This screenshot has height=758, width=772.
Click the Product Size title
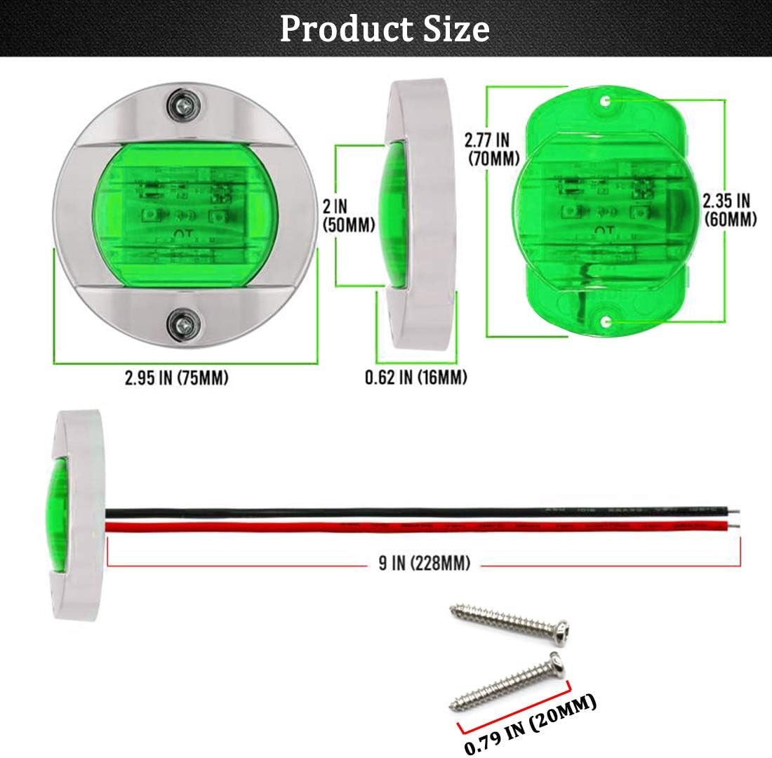click(385, 29)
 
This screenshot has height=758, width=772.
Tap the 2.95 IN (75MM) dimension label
click(177, 378)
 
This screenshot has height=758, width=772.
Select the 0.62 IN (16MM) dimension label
click(415, 378)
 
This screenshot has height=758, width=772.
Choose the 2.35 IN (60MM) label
click(730, 210)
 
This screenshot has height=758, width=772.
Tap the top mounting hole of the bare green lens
click(604, 101)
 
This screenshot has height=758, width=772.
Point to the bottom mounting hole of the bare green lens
click(606, 321)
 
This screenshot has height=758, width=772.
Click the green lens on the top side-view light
click(396, 215)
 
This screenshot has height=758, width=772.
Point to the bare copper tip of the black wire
click(737, 510)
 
